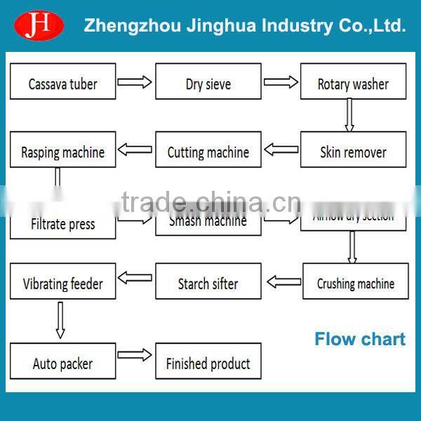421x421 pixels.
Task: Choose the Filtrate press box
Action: coord(62,224)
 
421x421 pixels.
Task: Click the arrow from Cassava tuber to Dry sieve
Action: coord(135,82)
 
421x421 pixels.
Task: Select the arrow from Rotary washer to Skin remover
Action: coord(349,115)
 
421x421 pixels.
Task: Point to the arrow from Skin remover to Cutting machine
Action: coord(281,149)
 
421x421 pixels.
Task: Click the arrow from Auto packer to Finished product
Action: coord(135,355)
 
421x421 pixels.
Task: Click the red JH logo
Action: coord(39,26)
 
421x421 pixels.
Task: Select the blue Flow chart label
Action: coord(359,340)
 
